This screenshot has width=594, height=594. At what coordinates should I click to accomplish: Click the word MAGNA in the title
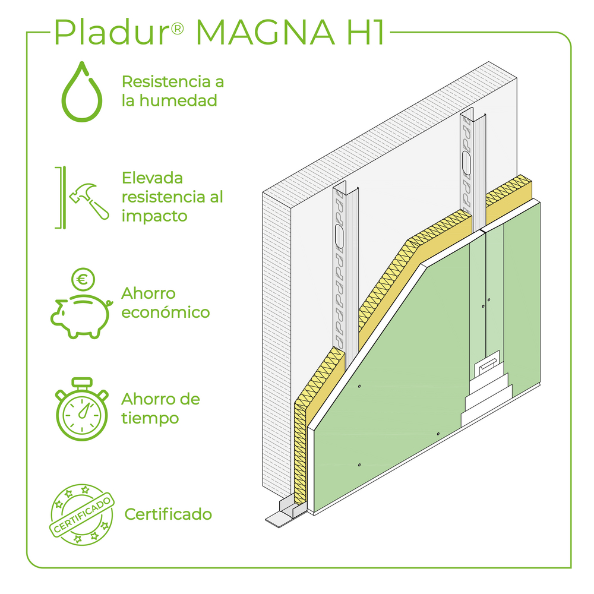265,32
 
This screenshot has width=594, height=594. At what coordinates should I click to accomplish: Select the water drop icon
82,91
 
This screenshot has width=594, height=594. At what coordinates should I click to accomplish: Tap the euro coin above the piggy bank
83,280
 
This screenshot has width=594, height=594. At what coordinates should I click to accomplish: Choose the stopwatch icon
82,409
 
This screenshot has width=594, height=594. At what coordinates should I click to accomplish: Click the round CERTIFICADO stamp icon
82,515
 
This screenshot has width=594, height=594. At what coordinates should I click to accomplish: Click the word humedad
178,101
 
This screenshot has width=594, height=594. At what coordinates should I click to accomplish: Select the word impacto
154,217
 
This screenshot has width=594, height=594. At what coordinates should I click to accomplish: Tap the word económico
165,312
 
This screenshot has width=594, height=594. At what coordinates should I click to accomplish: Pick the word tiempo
150,419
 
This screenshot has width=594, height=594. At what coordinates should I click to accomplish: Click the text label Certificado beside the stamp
168,514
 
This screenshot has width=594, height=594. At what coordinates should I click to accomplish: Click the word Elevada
152,178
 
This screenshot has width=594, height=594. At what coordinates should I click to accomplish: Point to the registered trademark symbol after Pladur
177,29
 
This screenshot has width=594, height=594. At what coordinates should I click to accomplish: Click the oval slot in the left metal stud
339,237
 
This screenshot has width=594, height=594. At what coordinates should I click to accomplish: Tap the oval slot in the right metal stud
467,163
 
